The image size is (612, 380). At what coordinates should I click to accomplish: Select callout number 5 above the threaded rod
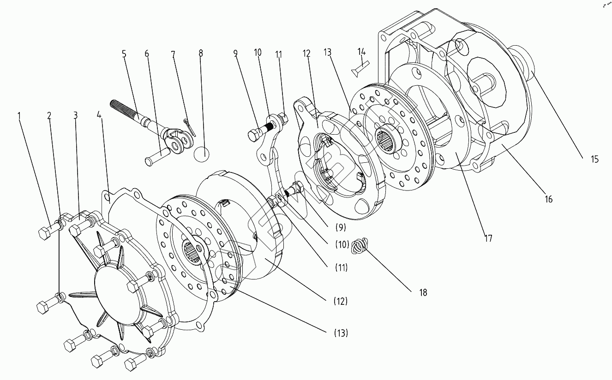124,54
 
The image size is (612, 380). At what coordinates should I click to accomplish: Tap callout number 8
201,53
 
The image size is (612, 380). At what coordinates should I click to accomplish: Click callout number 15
594,160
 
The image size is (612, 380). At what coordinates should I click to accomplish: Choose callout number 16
548,200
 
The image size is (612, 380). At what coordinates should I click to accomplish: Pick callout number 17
488,238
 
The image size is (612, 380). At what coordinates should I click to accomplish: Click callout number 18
423,292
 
